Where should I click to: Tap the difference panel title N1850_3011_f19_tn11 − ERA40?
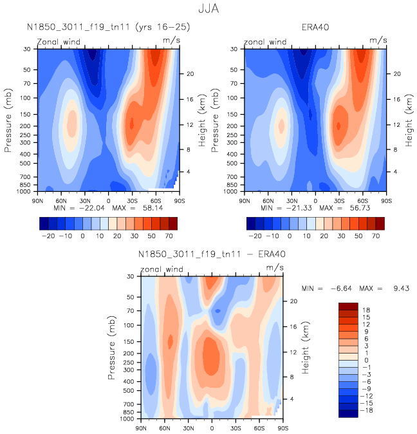tap(212, 255)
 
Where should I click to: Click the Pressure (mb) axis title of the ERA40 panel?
tap(215, 121)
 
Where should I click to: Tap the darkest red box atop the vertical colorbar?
tap(347, 306)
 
